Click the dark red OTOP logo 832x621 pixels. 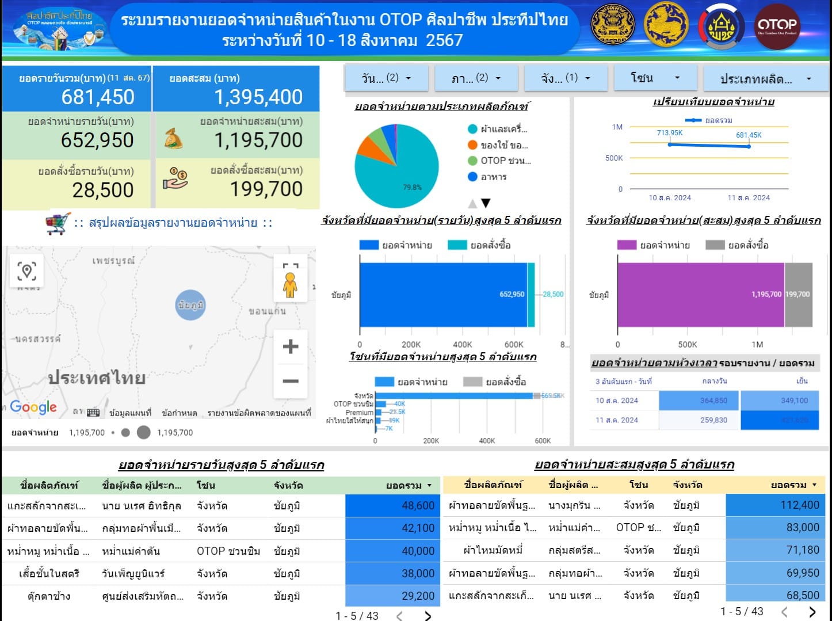tap(777, 26)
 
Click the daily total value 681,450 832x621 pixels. tap(98, 97)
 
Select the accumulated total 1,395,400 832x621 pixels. tap(258, 97)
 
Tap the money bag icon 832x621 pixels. tap(174, 139)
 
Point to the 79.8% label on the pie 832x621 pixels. tap(412, 187)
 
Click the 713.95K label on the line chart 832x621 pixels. tap(670, 133)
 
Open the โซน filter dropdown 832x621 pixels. tap(655, 78)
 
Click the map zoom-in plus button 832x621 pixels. tap(291, 346)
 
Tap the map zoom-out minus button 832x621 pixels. tap(291, 381)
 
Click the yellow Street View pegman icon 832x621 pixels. tap(290, 284)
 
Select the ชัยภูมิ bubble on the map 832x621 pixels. tap(190, 305)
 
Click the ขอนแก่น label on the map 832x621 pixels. tap(267, 311)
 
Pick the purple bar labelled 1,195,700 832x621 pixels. tap(700, 295)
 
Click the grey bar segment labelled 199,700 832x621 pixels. tap(798, 295)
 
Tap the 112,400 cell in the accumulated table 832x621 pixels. tap(774, 505)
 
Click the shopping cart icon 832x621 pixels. tap(58, 223)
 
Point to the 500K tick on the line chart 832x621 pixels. tap(614, 158)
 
